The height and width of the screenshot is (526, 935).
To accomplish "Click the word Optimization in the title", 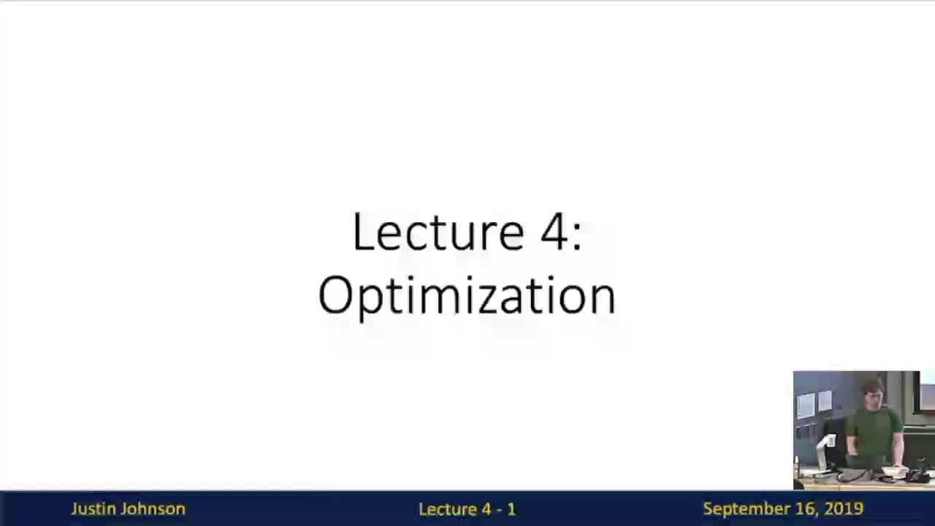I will (467, 295).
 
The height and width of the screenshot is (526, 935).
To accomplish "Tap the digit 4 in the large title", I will (554, 232).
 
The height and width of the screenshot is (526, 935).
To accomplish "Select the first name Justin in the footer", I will (91, 509).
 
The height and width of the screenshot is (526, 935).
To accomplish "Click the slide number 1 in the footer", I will (511, 509).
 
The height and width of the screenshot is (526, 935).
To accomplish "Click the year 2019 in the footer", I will (844, 508).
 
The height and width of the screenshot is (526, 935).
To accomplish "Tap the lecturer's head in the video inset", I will (874, 394).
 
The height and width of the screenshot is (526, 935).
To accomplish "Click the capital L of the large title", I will (361, 232).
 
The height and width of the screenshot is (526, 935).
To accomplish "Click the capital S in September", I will (708, 508).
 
